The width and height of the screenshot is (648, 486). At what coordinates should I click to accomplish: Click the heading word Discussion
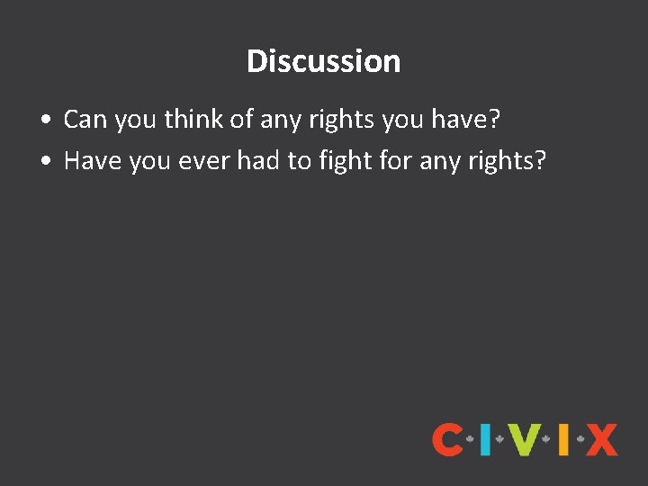pyautogui.click(x=323, y=61)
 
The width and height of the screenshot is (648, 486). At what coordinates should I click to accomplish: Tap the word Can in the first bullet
pyautogui.click(x=83, y=119)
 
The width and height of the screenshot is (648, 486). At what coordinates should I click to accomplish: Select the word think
pyautogui.click(x=192, y=119)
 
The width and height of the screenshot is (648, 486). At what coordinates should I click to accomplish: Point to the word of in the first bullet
pyautogui.click(x=241, y=119)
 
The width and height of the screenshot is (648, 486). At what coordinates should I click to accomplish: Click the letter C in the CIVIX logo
pyautogui.click(x=447, y=439)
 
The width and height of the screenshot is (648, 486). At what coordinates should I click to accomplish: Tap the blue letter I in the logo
pyautogui.click(x=485, y=439)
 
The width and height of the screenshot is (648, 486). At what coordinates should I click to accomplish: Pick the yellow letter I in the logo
pyautogui.click(x=562, y=439)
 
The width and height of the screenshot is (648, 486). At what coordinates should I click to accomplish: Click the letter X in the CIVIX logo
pyautogui.click(x=601, y=439)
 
